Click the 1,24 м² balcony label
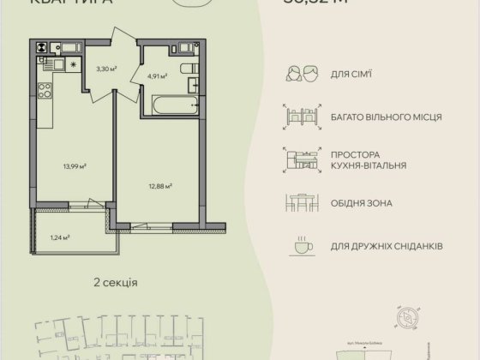(58, 238)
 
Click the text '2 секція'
(115, 282)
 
